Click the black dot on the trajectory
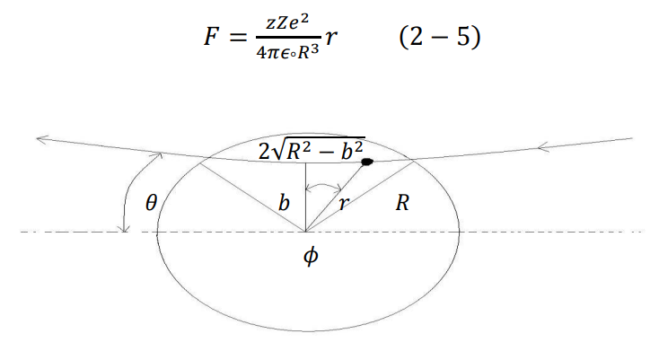[366, 162]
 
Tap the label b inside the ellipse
[284, 203]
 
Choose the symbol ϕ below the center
[310, 258]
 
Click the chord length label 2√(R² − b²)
[311, 149]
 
